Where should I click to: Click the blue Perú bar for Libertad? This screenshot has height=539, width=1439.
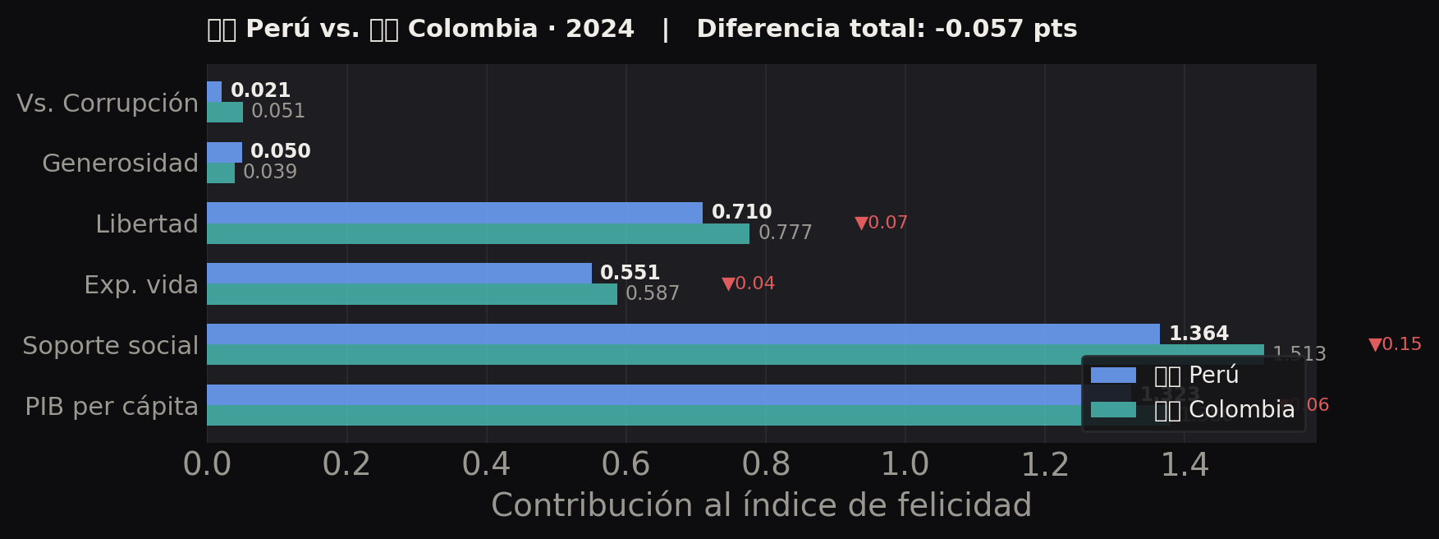point(454,213)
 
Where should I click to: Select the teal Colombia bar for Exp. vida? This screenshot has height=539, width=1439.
point(411,294)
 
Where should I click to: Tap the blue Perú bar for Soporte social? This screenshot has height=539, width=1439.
point(682,334)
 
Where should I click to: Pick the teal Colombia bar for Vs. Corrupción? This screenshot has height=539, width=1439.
point(225,113)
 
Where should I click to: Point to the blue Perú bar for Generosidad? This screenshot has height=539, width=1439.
point(224,152)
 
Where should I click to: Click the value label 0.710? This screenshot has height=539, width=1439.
point(741,212)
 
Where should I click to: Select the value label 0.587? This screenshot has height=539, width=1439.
point(653,293)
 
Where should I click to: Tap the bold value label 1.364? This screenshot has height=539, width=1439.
point(1198,334)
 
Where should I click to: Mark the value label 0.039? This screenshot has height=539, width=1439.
point(270,172)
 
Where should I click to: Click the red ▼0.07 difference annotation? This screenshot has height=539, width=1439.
point(881,223)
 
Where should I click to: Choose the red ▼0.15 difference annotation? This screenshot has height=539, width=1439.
point(1395,344)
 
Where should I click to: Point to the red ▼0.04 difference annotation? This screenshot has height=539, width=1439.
point(748,283)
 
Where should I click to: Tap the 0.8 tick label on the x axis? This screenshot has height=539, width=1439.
point(766,465)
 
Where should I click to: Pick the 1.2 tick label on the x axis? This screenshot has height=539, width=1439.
point(1045,465)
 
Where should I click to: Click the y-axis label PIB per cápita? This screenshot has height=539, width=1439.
point(112,407)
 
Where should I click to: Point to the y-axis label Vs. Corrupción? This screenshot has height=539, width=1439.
point(108,104)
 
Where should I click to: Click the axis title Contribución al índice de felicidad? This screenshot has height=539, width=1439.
point(761,505)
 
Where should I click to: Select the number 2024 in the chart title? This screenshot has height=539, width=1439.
point(600,29)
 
